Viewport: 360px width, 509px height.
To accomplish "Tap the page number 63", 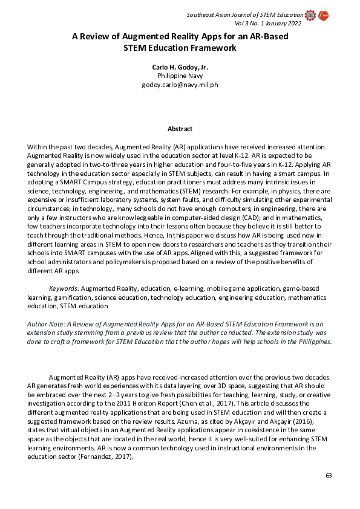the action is click(x=329, y=476).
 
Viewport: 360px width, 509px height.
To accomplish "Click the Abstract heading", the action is click(x=180, y=129).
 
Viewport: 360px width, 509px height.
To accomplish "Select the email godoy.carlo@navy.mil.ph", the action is click(x=179, y=85).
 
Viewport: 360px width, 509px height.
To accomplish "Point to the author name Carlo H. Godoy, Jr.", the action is click(x=179, y=67).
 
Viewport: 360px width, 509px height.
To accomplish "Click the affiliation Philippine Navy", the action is click(x=179, y=76).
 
